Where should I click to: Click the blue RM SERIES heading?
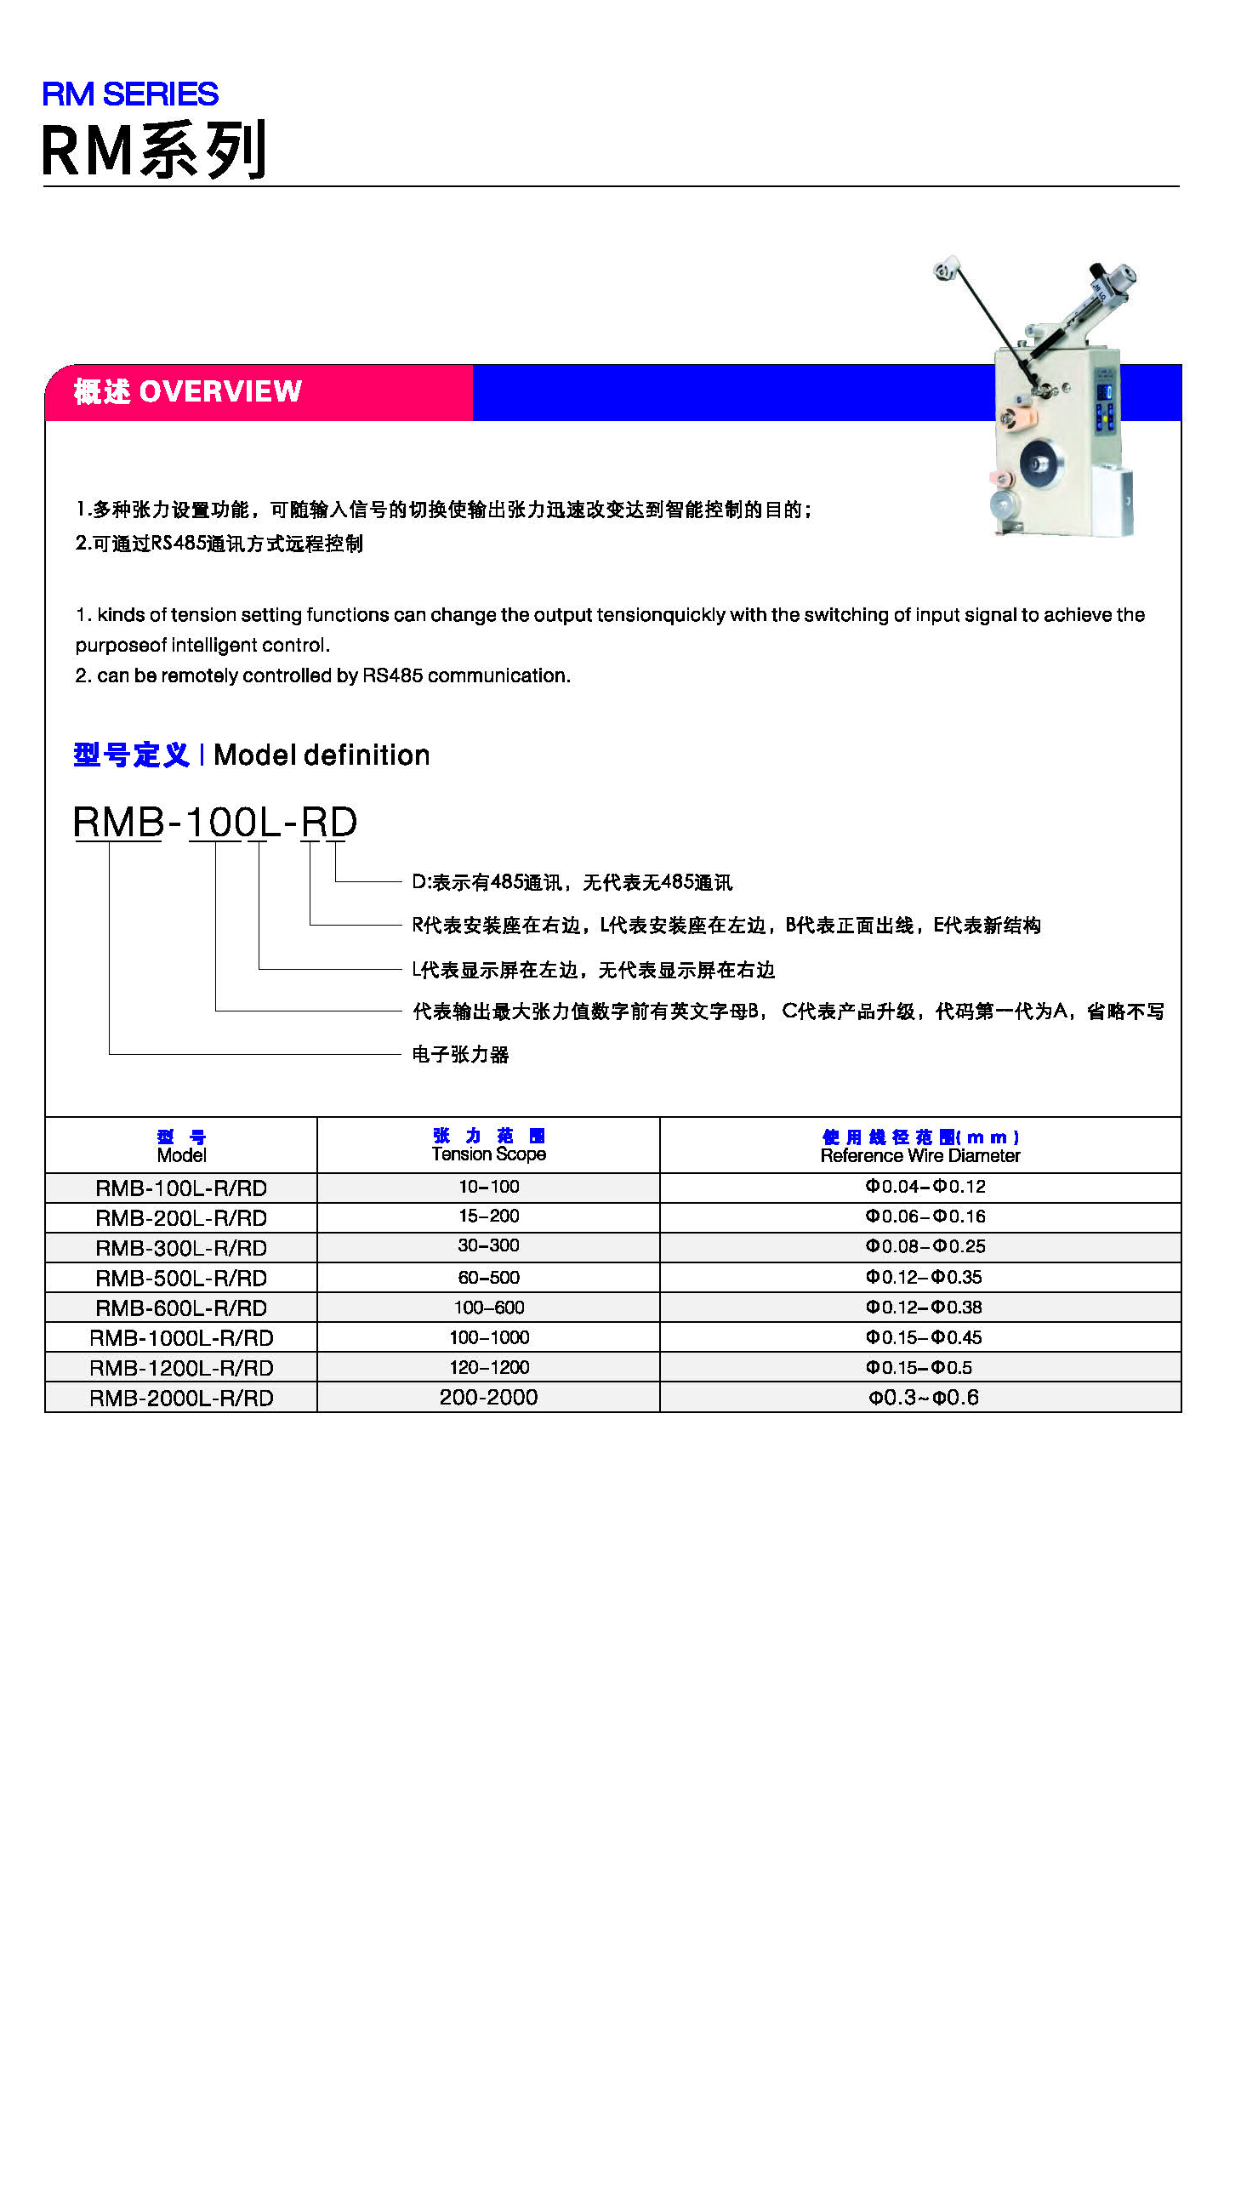129,94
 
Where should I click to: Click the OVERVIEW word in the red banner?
219,391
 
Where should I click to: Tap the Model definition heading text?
321,755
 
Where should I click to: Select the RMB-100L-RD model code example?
214,822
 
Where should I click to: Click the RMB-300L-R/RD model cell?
180,1248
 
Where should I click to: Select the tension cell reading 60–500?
488,1277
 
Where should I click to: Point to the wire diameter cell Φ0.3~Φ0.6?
923,1397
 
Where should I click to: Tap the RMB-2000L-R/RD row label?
180,1397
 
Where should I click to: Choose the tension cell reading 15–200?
488,1217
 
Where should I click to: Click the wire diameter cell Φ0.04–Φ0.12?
925,1186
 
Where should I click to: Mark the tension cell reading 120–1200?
488,1367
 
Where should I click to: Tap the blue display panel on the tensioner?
1104,393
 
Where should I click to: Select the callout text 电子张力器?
459,1054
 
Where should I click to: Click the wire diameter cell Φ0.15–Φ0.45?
924,1337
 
